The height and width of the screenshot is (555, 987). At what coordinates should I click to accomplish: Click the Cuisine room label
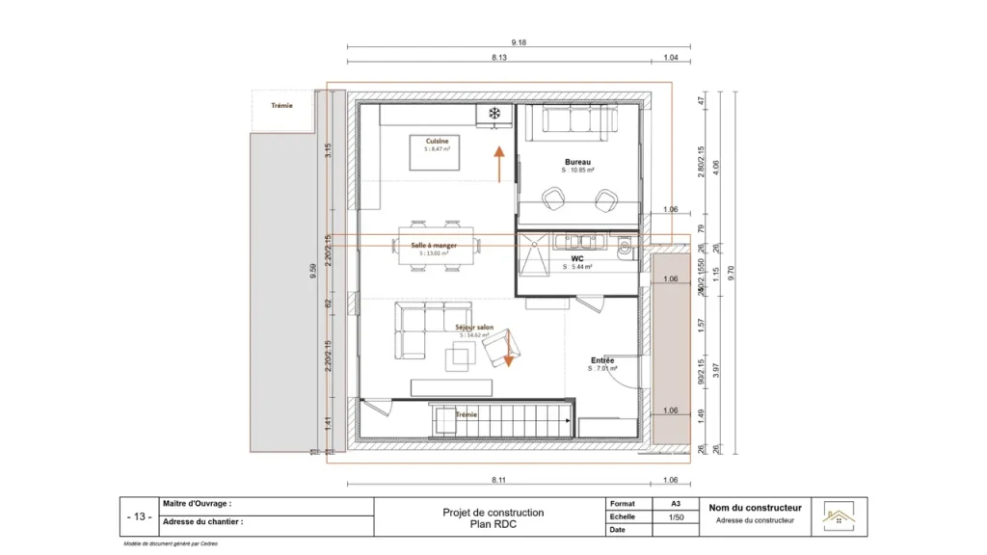[437, 141]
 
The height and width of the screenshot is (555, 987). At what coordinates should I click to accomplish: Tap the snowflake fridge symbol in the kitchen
[494, 115]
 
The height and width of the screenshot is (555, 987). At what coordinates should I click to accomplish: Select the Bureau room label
[578, 161]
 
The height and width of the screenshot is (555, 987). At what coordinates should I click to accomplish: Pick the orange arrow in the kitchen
[498, 164]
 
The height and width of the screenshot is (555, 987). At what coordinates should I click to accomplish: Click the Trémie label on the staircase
[467, 413]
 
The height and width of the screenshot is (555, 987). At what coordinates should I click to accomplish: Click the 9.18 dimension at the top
[519, 42]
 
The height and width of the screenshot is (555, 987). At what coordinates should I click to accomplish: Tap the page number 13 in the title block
[139, 517]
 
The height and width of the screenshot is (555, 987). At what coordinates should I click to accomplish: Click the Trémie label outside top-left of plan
[281, 106]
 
